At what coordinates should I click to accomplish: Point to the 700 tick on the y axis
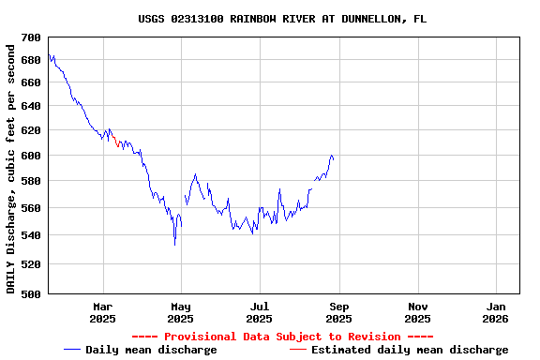pyautogui.click(x=31, y=37)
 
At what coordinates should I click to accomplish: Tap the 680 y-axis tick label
pyautogui.click(x=31, y=60)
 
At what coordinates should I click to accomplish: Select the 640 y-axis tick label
pyautogui.click(x=31, y=106)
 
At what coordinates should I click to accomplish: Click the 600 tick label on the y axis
pyautogui.click(x=31, y=156)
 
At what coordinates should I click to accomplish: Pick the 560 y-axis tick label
pyautogui.click(x=31, y=208)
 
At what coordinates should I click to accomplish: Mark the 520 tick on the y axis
pyautogui.click(x=31, y=265)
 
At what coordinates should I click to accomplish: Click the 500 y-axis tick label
pyautogui.click(x=31, y=294)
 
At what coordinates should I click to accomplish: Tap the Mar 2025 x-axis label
pyautogui.click(x=102, y=312)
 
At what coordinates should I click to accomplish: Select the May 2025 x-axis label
pyautogui.click(x=181, y=312)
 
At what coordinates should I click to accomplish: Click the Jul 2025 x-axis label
pyautogui.click(x=260, y=312)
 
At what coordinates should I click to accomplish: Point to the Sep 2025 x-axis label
pyautogui.click(x=339, y=312)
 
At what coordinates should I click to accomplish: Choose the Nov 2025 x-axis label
pyautogui.click(x=418, y=312)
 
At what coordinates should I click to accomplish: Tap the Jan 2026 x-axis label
pyautogui.click(x=497, y=312)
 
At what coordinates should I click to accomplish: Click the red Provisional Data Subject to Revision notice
pyautogui.click(x=282, y=337)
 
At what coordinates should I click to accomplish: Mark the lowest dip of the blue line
pyautogui.click(x=174, y=244)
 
